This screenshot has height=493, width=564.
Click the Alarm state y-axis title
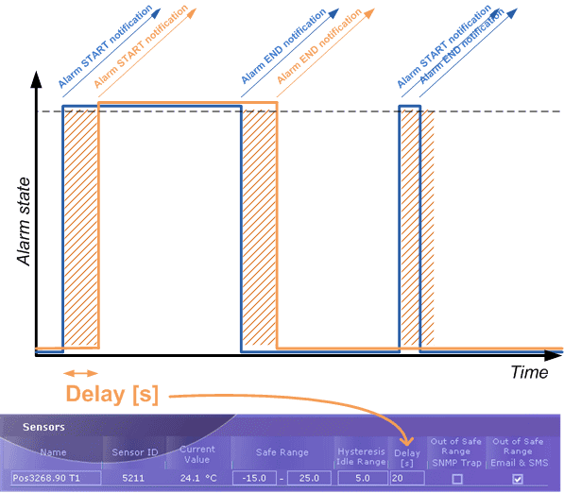(24, 222)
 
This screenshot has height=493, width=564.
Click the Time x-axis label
(529, 372)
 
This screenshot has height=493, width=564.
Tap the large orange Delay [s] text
(111, 394)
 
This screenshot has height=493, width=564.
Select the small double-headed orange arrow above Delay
(80, 373)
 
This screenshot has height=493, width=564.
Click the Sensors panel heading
(43, 427)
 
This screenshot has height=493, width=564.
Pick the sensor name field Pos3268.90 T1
(56, 478)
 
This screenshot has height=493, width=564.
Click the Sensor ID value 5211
(133, 478)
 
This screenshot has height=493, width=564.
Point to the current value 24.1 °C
(198, 478)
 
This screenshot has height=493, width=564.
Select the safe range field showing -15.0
(254, 478)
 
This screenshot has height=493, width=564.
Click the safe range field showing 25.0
(309, 478)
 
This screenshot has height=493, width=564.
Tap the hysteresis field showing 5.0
(363, 478)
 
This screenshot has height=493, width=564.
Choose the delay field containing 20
(407, 478)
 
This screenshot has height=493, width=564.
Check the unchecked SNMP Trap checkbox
(457, 479)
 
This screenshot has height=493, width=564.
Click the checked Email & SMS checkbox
(518, 479)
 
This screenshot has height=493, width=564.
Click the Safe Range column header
(282, 452)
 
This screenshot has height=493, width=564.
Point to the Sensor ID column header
(135, 452)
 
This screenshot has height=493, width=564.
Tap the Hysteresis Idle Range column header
(361, 456)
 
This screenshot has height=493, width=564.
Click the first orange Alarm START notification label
(141, 46)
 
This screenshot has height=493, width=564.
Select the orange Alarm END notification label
(319, 46)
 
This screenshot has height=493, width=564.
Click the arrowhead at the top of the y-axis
(36, 79)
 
